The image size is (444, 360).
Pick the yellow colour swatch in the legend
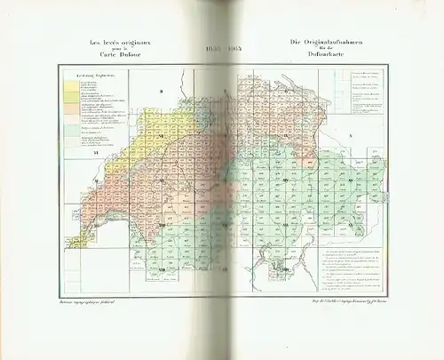pos(68,88)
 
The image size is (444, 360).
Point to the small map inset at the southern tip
pos(282,266)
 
